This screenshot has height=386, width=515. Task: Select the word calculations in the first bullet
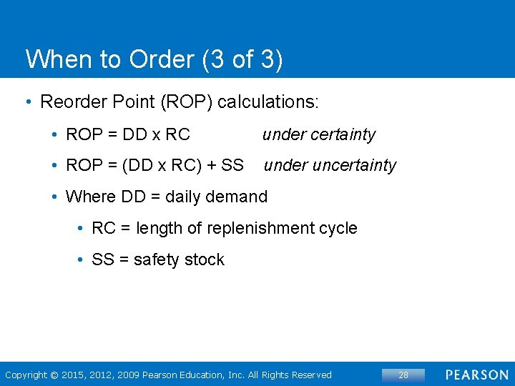tap(267, 102)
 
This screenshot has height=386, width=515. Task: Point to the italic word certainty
tap(343, 134)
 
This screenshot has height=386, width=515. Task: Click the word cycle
tap(338, 228)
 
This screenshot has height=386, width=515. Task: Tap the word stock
tap(205, 259)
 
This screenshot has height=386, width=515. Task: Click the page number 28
tap(403, 375)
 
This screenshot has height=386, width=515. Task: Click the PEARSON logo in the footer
tap(477, 375)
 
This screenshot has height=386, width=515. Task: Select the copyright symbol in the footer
tap(53, 375)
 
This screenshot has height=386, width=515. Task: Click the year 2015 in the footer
tap(74, 375)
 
